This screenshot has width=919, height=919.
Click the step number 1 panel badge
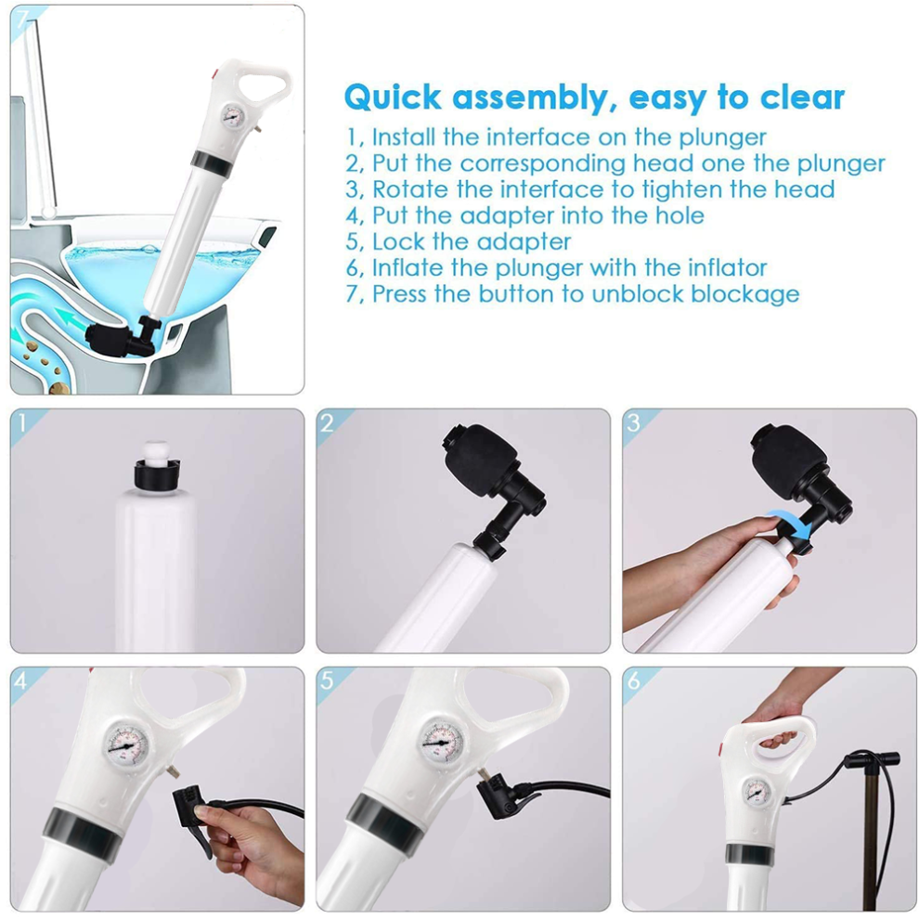[22, 422]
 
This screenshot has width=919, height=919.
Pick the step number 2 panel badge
[327, 422]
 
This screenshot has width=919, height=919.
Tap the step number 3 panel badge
[633, 422]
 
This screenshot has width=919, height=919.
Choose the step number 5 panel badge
[327, 680]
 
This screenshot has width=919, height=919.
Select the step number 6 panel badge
[633, 680]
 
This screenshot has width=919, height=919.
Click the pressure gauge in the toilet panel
[233, 116]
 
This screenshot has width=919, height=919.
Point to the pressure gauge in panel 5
[443, 743]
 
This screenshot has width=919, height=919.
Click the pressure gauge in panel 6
[756, 794]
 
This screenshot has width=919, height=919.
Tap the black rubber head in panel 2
[479, 454]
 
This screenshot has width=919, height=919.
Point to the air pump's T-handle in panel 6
[872, 759]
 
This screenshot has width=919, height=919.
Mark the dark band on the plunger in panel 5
[386, 820]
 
